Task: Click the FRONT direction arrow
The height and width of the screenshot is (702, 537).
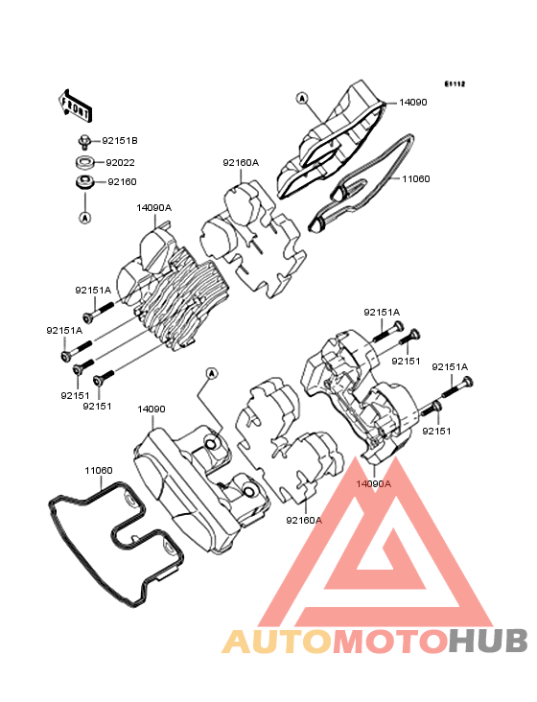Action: [75, 106]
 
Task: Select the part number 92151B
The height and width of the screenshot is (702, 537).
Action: [120, 141]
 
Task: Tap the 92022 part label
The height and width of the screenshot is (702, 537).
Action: [120, 162]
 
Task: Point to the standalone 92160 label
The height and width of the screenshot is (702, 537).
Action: [122, 182]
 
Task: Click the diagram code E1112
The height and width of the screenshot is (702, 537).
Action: [455, 83]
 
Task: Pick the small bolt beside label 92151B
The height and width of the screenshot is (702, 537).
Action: [83, 141]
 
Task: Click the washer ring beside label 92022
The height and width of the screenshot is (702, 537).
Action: [84, 162]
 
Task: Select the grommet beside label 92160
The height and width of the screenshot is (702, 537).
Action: [84, 183]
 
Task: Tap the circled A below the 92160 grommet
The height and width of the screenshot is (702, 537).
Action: [85, 218]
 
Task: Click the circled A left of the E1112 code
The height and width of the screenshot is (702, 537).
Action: [302, 98]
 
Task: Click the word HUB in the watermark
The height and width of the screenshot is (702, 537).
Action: [489, 641]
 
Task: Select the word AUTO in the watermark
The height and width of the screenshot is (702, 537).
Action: [277, 641]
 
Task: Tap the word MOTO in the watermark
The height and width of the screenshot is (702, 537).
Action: [391, 641]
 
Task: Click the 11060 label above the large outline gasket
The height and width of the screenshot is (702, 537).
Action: [99, 471]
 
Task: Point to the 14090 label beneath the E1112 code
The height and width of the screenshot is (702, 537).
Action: [413, 102]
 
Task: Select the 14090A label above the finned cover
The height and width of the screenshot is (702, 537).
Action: [154, 208]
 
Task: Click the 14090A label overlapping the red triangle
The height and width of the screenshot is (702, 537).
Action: [374, 483]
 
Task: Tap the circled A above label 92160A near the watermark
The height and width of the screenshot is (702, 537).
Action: [212, 373]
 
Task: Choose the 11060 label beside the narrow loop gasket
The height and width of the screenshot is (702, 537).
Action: [416, 179]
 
